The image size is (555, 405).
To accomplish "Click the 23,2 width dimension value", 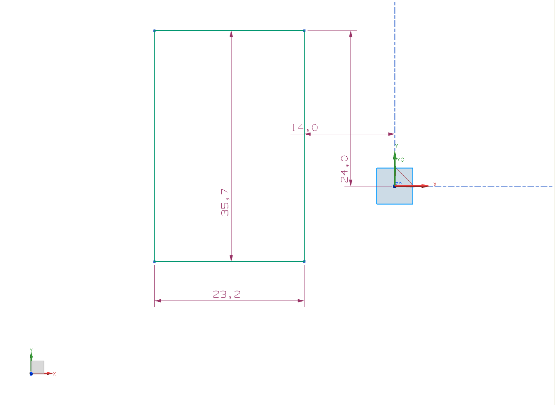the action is [x=226, y=294].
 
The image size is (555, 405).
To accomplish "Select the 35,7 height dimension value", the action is [x=225, y=202].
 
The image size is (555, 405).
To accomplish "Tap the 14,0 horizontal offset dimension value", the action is [x=305, y=128].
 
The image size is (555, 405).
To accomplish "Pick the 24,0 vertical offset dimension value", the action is [x=344, y=169].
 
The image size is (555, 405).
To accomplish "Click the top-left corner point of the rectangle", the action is [x=154, y=31].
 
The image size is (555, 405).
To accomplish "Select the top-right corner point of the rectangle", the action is [x=304, y=31].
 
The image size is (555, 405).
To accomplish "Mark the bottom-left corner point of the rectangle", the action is [x=154, y=262].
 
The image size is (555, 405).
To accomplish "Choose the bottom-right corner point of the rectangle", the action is [x=304, y=262].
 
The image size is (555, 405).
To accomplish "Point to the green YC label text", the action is [x=400, y=160].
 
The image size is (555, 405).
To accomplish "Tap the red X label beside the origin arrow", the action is [x=435, y=184].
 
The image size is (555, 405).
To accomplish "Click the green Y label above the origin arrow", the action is [x=396, y=146].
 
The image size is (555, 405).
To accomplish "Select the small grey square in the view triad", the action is [x=38, y=367].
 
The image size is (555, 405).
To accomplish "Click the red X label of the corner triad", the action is [x=54, y=374].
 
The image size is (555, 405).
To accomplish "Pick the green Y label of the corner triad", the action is [x=31, y=350].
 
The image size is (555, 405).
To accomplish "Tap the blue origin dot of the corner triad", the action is [x=31, y=373].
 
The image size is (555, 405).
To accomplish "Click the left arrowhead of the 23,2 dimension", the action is [x=158, y=301].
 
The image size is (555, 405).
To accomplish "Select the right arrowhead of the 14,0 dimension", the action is [x=391, y=134].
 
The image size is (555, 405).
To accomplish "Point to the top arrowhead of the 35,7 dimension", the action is [x=231, y=34].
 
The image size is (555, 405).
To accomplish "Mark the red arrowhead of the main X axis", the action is [x=425, y=186].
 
